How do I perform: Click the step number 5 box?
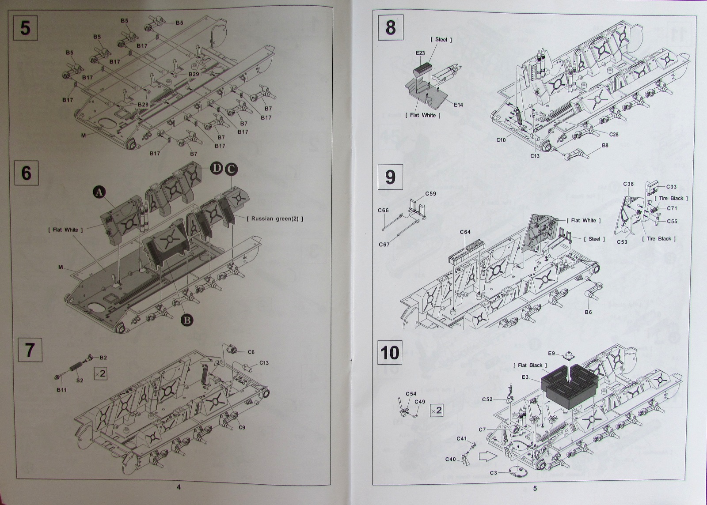(x=26, y=28)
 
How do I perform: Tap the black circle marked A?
(x=99, y=192)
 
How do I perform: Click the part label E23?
(x=420, y=53)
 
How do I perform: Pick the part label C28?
(x=614, y=134)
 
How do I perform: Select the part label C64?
(x=465, y=232)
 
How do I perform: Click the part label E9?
(x=551, y=354)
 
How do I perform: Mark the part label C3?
(x=494, y=473)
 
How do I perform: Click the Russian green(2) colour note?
(x=275, y=219)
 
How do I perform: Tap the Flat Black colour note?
(x=530, y=365)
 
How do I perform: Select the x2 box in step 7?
(x=100, y=373)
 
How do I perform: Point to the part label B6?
(x=588, y=312)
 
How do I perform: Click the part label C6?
(x=251, y=352)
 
